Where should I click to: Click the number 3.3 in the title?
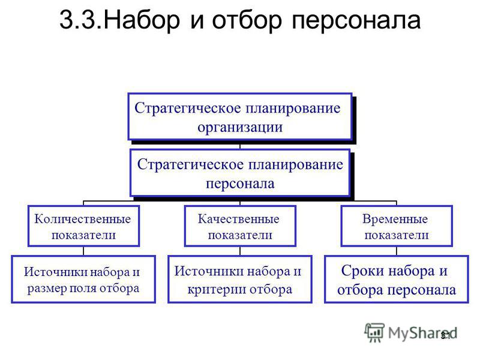(x=80, y=20)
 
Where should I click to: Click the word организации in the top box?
(x=239, y=127)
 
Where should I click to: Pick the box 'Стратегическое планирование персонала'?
(x=240, y=173)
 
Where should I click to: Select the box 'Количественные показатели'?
(x=83, y=226)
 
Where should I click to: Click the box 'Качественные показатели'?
(x=240, y=226)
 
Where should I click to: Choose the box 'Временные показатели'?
(x=397, y=226)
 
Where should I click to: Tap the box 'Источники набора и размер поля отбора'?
(x=83, y=279)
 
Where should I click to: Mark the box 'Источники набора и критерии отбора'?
(x=240, y=279)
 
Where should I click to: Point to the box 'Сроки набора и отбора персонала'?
(x=397, y=279)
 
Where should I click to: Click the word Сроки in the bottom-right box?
(x=358, y=271)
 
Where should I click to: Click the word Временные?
(x=395, y=219)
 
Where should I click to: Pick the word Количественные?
(x=82, y=219)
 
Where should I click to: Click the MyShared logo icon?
(x=374, y=332)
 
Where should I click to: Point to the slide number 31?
(x=445, y=336)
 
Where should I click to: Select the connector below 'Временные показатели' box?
(x=397, y=251)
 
